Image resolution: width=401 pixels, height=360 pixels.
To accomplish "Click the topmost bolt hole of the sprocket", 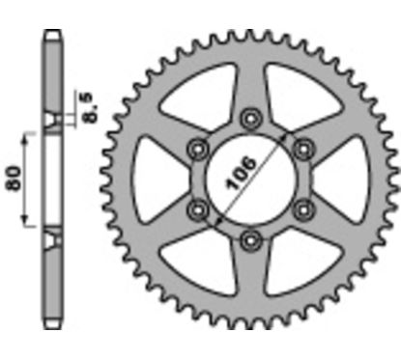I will tap(251, 118).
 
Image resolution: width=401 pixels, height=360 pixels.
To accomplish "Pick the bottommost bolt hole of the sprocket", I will tap(251, 238).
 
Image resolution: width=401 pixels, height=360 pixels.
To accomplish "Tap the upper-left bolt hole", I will tap(200, 148).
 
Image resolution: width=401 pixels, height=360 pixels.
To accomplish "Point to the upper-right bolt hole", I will tap(303, 148).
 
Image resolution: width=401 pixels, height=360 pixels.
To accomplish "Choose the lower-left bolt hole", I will tap(200, 208).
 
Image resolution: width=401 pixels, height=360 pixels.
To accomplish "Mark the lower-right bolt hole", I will tap(303, 208).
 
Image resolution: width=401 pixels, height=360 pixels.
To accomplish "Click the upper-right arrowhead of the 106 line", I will tap(287, 140).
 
